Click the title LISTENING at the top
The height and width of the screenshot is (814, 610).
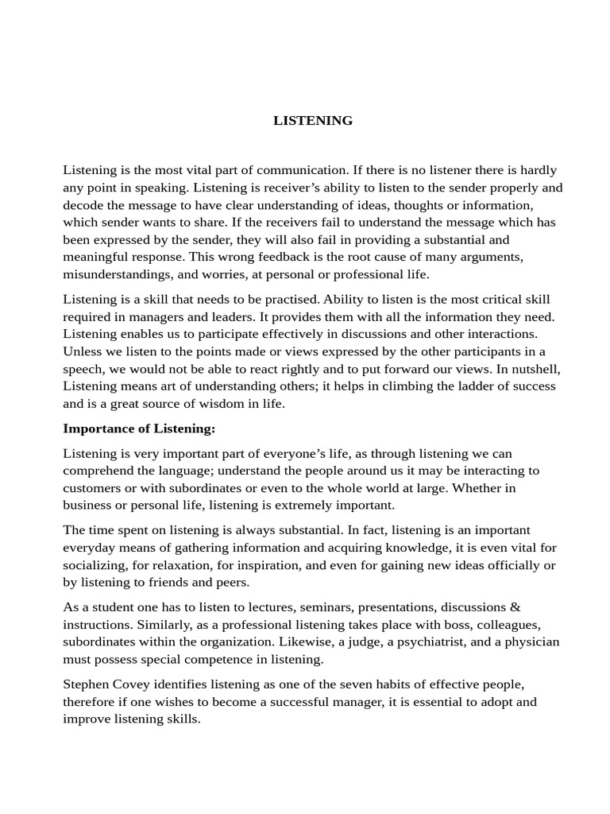(x=313, y=121)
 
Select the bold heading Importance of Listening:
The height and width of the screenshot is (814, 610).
(x=139, y=428)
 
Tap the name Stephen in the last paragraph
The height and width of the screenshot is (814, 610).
(x=87, y=684)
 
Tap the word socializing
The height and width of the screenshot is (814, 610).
(x=96, y=564)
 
